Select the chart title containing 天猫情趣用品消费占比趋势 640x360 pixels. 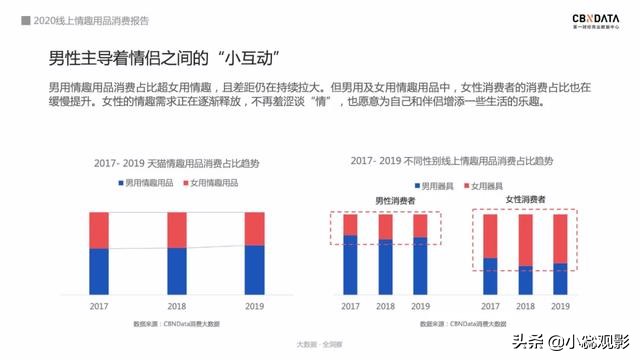(176, 161)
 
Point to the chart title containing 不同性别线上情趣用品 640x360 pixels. (452, 160)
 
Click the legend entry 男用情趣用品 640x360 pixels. (148, 184)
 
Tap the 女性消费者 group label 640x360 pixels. (525, 200)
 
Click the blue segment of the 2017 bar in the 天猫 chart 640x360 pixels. (99, 270)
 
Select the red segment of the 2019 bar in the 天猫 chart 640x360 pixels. (255, 228)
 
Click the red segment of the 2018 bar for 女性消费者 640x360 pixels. (525, 239)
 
